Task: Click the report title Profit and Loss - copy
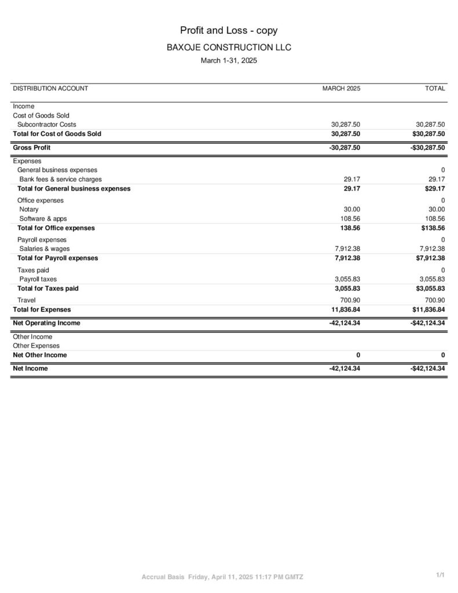(229, 30)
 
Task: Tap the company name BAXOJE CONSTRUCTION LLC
(229, 47)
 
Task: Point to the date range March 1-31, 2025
(229, 60)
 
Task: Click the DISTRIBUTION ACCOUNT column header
(50, 89)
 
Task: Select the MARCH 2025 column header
(341, 89)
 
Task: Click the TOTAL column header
(435, 89)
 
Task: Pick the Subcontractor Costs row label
(46, 125)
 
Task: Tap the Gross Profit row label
(31, 148)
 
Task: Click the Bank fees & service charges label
(60, 180)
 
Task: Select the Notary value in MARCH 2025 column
(351, 210)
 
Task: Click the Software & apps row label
(43, 219)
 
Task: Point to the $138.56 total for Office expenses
(433, 228)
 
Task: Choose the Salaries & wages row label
(45, 249)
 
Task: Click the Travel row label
(27, 300)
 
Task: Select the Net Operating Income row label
(46, 323)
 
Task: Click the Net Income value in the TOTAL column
(427, 368)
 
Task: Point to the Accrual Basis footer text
(163, 577)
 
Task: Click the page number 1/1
(440, 574)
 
